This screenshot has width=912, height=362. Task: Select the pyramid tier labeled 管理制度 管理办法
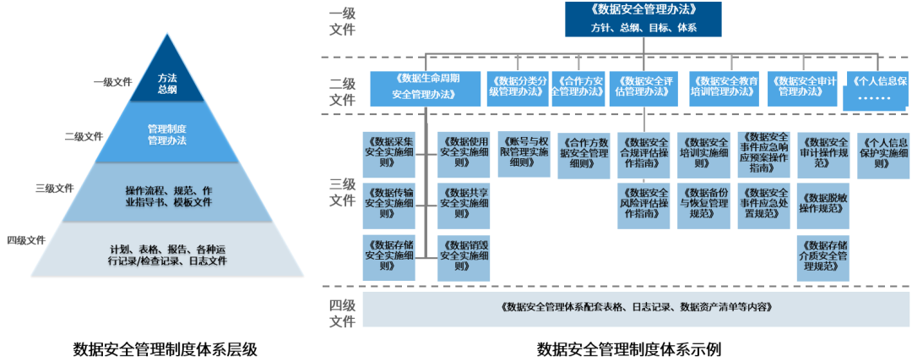click(167, 134)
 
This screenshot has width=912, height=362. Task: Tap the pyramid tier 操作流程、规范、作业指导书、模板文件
click(167, 193)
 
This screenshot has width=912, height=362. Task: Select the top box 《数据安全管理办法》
click(643, 19)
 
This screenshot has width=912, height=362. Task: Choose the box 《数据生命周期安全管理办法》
click(426, 88)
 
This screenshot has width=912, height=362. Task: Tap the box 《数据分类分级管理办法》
click(518, 88)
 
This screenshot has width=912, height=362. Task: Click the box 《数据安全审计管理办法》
click(802, 88)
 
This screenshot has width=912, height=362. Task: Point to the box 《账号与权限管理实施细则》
click(524, 153)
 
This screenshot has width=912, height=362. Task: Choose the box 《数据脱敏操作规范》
click(823, 202)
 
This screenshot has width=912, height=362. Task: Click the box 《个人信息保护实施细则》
click(882, 153)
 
